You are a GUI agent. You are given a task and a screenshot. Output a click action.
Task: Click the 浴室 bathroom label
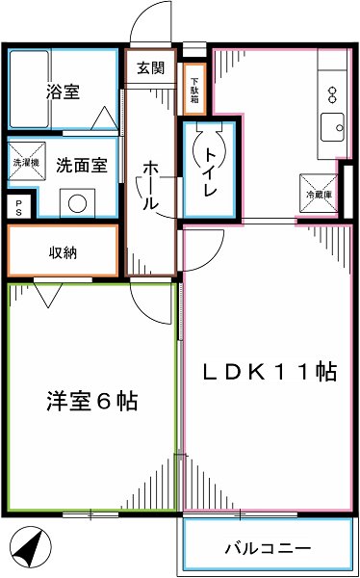click(62, 93)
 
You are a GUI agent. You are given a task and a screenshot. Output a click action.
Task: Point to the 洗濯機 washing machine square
click(26, 163)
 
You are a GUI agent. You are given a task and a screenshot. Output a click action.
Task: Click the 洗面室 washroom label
click(80, 164)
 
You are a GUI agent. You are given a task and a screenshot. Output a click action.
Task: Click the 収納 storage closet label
click(64, 252)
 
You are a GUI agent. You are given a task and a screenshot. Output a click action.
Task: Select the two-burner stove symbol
click(332, 93)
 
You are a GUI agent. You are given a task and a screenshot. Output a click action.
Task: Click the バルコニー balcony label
click(267, 548)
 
